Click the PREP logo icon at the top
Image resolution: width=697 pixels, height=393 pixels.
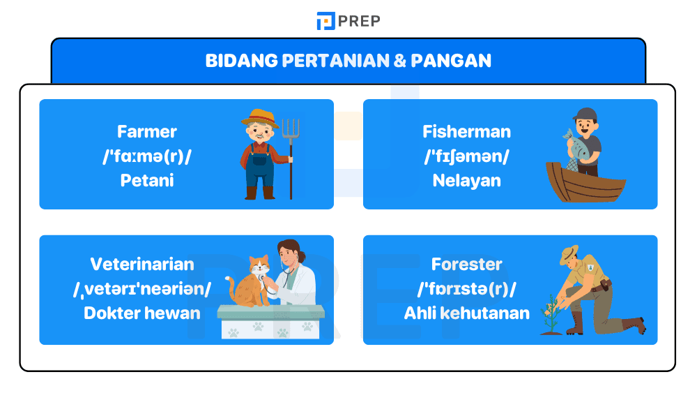pyautogui.click(x=325, y=21)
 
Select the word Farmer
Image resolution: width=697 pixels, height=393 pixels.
pyautogui.click(x=147, y=132)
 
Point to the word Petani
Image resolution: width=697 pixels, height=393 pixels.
pyautogui.click(x=147, y=181)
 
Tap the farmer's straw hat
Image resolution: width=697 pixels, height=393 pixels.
pyautogui.click(x=260, y=116)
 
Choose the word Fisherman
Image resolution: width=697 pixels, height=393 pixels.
pyautogui.click(x=466, y=132)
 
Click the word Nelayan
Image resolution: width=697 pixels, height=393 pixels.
pyautogui.click(x=466, y=181)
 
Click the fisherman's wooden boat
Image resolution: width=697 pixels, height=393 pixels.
pyautogui.click(x=585, y=184)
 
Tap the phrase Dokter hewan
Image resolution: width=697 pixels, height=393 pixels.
pyautogui.click(x=143, y=313)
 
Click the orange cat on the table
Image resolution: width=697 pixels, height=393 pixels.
pyautogui.click(x=252, y=283)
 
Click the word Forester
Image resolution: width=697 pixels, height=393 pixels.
pyautogui.click(x=466, y=265)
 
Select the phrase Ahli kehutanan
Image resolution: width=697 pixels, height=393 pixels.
pyautogui.click(x=466, y=313)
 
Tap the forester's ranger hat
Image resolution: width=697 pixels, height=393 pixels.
pyautogui.click(x=569, y=254)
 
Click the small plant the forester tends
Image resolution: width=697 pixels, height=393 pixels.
pyautogui.click(x=551, y=314)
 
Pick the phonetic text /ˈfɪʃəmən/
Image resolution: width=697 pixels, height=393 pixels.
pyautogui.click(x=466, y=156)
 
